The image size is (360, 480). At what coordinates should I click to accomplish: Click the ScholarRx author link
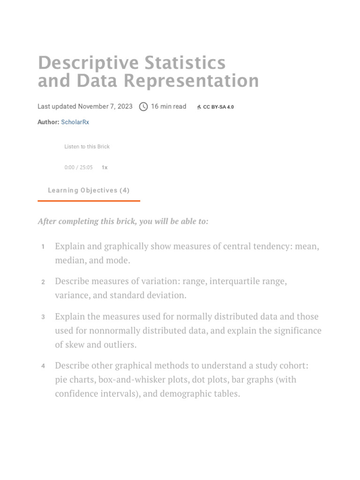tap(75, 122)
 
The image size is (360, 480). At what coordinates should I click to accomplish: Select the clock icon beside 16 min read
tap(143, 107)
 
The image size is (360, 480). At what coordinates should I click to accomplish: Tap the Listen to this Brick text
tap(87, 147)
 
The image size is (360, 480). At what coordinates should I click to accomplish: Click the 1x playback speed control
tap(105, 167)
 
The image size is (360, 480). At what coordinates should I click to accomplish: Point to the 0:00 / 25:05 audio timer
tap(78, 167)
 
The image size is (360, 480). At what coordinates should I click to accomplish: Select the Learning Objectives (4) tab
tap(89, 190)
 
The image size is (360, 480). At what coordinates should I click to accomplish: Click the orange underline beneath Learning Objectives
tap(89, 201)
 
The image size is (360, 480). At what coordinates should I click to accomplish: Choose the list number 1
tap(43, 247)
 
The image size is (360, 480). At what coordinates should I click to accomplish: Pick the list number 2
tap(43, 282)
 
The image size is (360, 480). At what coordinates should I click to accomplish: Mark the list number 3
tap(43, 317)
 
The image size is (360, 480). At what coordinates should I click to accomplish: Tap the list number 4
tap(43, 366)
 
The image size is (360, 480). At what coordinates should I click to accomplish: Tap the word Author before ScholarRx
tap(48, 122)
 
